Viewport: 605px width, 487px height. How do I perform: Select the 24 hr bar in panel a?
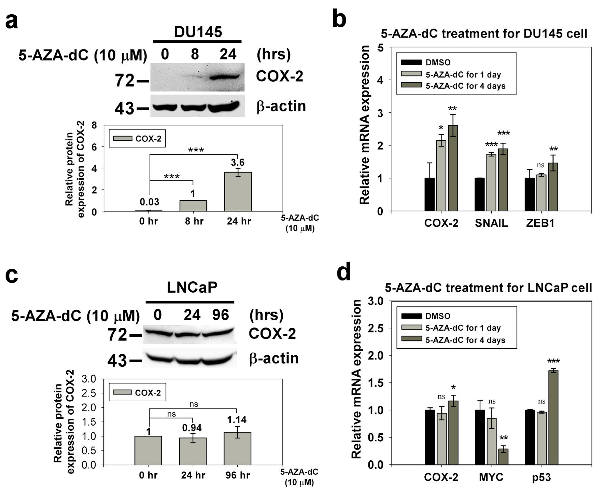coord(238,192)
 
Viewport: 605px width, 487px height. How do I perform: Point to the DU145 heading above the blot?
coord(198,32)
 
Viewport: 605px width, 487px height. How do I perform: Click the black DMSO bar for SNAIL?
coord(480,194)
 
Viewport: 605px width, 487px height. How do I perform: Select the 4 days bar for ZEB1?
coord(553,187)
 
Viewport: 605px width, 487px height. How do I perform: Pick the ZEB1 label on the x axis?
coord(540,223)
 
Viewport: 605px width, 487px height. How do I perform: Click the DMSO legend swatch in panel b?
coord(411,62)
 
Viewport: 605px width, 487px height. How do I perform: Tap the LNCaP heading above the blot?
coord(192,288)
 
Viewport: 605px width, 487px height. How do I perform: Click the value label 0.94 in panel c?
coord(192,428)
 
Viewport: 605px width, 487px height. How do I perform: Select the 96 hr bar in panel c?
coord(238,448)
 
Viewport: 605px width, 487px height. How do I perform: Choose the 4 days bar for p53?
coord(553,417)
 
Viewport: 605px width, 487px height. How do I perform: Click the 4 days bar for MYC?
coord(503,457)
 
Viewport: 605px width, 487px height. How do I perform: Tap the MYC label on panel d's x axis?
coord(491,477)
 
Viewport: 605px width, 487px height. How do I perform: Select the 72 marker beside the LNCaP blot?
coord(117,335)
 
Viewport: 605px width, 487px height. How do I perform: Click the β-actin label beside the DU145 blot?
coord(281,106)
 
